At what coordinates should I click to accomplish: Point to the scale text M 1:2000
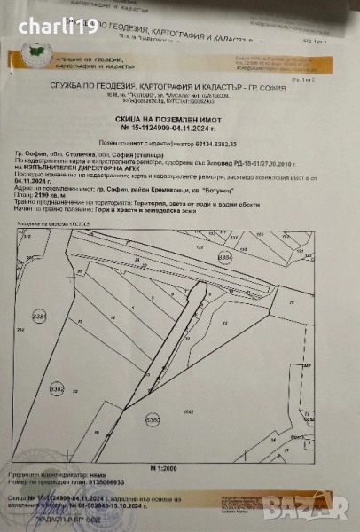point(179,465)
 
